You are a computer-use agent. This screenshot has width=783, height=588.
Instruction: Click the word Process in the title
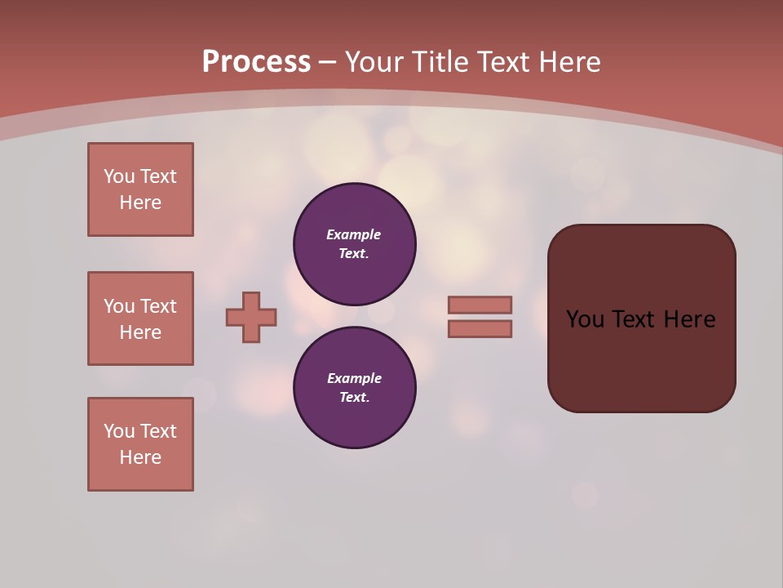256,62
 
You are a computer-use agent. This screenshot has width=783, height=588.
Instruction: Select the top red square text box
140,189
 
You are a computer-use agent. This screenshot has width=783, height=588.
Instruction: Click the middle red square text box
140,318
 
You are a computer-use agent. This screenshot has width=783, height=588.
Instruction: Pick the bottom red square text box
140,444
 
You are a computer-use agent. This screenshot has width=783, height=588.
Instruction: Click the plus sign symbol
251,317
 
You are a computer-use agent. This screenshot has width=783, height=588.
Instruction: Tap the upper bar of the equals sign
480,305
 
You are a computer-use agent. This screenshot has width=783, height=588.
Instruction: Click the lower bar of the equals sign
480,329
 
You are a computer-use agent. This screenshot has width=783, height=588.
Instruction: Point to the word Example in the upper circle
354,234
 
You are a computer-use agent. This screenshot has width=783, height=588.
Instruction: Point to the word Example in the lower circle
354,378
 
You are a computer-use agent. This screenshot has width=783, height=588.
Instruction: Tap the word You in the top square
119,176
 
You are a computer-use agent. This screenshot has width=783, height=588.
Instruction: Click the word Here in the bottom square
140,457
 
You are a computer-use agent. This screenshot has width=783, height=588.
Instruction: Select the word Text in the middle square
157,306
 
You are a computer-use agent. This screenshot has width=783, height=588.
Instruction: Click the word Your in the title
374,62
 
